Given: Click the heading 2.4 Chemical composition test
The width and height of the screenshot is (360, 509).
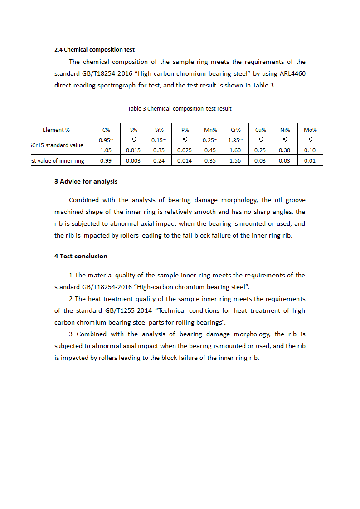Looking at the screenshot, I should coord(94,50).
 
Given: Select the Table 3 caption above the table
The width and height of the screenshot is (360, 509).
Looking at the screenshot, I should coord(180,109).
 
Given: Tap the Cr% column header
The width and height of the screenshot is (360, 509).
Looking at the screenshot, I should coord(235,130).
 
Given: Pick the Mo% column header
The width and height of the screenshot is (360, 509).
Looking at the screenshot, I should coord(310,130).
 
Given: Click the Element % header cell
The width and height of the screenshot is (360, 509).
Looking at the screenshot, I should coord(56,130).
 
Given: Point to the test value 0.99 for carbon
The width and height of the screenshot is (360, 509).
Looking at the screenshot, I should coord(106,161).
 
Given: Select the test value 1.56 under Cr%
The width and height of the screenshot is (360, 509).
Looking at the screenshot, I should coord(235,161).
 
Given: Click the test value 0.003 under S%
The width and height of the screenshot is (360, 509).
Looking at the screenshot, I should coord(133,161).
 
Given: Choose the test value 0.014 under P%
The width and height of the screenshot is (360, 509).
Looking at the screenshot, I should coord(185,161).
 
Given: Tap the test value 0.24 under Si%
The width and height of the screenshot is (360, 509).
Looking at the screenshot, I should coord(159,161).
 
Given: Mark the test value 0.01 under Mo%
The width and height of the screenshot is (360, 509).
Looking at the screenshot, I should coord(310,161).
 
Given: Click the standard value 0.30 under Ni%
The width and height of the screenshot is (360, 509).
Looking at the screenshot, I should coord(285,150).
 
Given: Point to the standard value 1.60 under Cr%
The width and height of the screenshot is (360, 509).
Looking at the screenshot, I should coord(235,150).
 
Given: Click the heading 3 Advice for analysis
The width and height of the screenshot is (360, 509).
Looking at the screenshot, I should coord(86,182).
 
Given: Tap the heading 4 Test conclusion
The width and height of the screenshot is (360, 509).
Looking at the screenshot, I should coord(81,257).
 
